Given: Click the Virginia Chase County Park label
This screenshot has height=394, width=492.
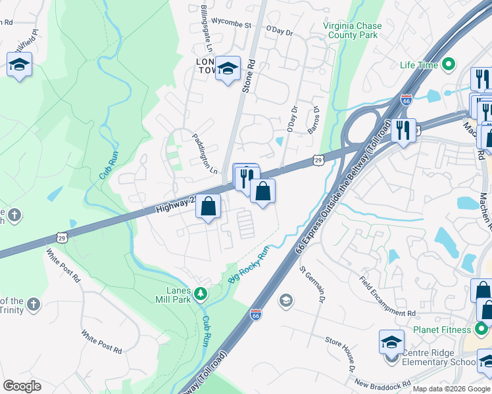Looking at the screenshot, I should pyautogui.click(x=352, y=30).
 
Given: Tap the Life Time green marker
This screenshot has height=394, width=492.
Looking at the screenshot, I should pyautogui.click(x=449, y=64).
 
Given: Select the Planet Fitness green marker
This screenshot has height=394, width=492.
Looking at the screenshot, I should pyautogui.click(x=483, y=329).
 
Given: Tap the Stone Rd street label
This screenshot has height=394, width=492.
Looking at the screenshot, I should pyautogui.click(x=249, y=76).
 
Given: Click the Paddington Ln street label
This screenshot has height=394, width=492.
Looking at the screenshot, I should pyautogui.click(x=205, y=156).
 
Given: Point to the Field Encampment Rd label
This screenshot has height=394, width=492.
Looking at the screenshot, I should pyautogui.click(x=387, y=295).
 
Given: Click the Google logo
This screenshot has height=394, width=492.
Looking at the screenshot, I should pyautogui.click(x=22, y=386).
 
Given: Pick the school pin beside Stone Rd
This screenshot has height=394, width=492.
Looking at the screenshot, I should pyautogui.click(x=228, y=68).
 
